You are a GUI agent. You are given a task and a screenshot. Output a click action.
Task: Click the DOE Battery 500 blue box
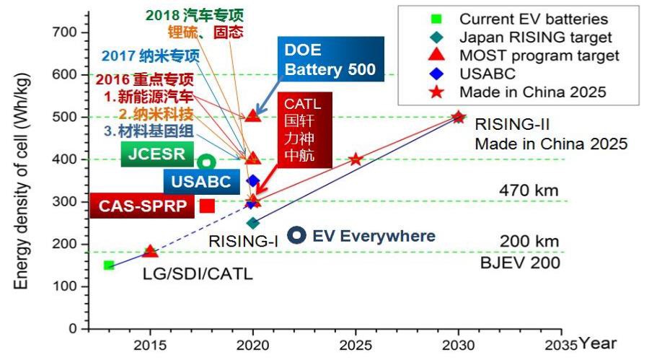click(x=329, y=61)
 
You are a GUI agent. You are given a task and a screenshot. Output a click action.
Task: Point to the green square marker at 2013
click(x=109, y=265)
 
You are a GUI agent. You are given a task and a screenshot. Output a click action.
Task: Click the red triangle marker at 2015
click(x=150, y=251)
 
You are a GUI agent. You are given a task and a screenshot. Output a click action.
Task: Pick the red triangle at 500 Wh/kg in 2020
click(x=252, y=115)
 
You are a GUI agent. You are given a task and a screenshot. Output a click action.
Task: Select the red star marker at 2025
click(x=356, y=159)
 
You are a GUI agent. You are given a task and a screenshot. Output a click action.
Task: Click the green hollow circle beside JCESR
click(x=208, y=162)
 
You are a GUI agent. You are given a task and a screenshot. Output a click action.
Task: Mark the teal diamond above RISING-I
click(x=253, y=224)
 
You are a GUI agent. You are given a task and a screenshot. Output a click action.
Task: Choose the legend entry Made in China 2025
click(x=534, y=92)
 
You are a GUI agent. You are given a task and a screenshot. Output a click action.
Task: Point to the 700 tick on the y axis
click(x=66, y=32)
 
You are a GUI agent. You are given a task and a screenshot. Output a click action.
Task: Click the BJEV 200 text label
click(x=520, y=263)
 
